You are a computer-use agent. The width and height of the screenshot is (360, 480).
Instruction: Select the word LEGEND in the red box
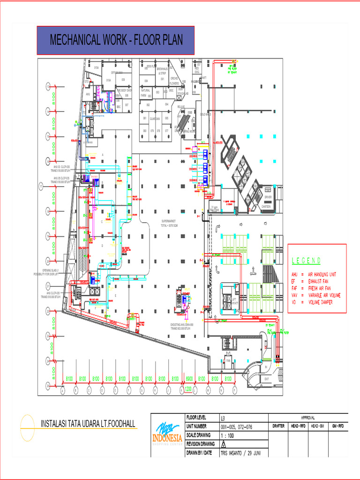[307, 261]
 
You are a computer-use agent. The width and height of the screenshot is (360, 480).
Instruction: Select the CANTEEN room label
[267, 207]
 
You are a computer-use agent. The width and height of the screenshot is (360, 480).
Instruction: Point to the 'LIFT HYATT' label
[235, 300]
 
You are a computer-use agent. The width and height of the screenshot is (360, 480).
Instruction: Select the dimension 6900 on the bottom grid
[189, 379]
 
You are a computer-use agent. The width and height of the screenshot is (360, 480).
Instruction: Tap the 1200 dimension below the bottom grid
[188, 389]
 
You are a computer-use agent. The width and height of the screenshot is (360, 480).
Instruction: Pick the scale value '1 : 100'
[229, 435]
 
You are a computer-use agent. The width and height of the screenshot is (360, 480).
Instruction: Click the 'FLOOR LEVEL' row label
[197, 417]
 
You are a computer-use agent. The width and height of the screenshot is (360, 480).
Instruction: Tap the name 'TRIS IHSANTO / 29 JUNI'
[242, 453]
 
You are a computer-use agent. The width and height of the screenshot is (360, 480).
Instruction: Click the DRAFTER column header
[278, 426]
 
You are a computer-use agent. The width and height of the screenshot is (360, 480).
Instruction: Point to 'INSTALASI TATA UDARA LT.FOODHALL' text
[88, 424]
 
